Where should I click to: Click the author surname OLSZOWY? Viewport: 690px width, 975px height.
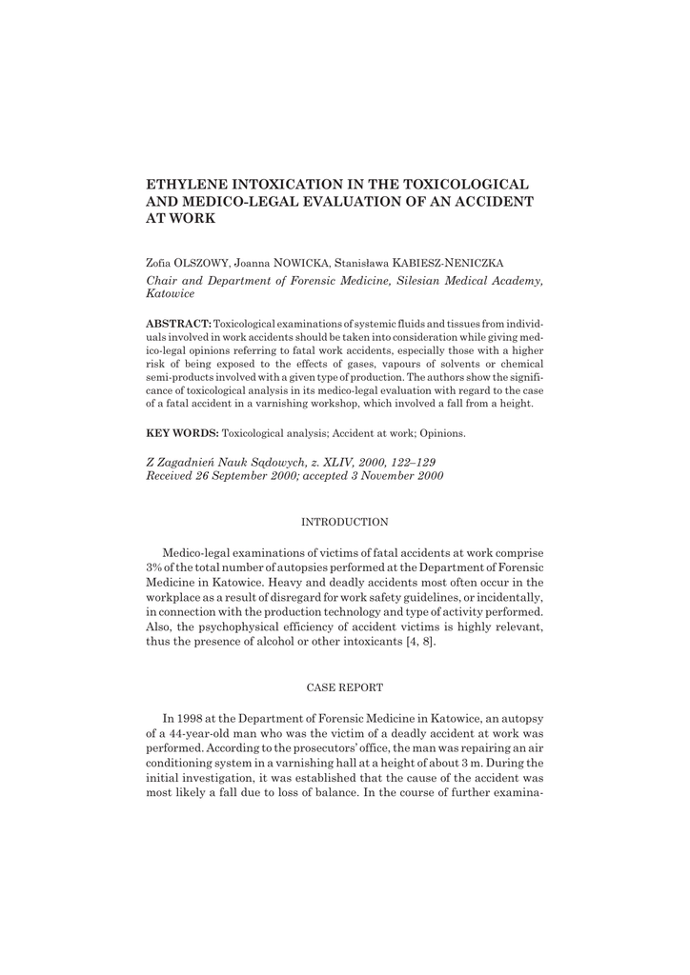click(196, 261)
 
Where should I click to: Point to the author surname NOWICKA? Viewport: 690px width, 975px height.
click(302, 261)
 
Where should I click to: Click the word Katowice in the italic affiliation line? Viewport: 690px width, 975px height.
click(169, 296)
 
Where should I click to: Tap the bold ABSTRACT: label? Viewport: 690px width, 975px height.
click(178, 324)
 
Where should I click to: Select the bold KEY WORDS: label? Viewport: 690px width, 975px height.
click(182, 433)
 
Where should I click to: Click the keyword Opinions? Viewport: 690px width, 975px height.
click(439, 433)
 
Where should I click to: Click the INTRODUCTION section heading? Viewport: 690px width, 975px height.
click(344, 522)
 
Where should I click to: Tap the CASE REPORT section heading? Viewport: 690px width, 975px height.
click(344, 686)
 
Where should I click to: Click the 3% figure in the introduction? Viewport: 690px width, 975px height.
click(153, 568)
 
